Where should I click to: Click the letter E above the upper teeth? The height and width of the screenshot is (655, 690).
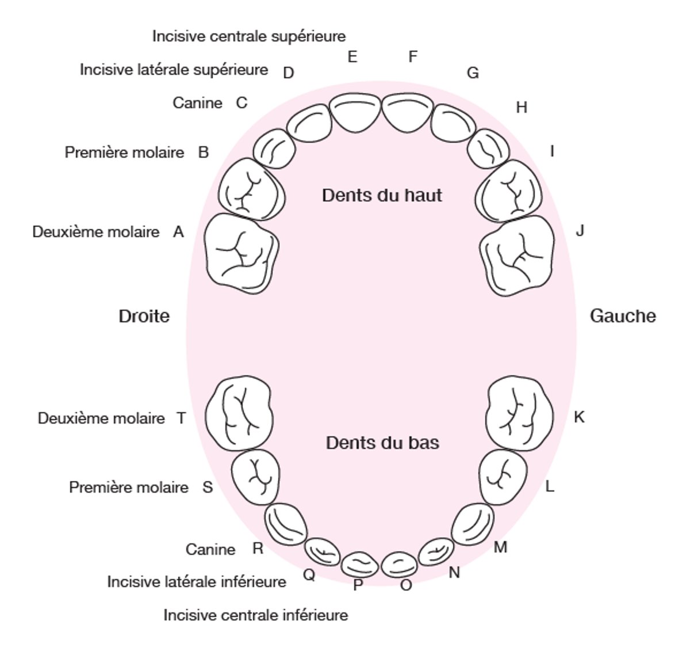(352, 57)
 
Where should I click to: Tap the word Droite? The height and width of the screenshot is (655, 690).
(144, 316)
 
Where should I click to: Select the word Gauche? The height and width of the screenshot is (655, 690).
(623, 316)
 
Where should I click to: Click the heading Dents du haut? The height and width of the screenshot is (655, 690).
(382, 195)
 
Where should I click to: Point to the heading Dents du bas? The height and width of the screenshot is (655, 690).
(382, 443)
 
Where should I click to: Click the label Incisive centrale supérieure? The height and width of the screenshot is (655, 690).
(249, 36)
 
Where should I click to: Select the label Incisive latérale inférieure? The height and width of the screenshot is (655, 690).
(197, 582)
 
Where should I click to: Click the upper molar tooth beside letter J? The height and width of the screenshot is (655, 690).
(517, 254)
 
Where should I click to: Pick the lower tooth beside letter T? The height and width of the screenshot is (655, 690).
(239, 412)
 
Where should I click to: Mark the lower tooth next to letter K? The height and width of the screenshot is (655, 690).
(519, 413)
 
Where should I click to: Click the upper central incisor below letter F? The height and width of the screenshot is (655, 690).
(408, 113)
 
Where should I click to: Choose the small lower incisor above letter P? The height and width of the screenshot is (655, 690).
(359, 563)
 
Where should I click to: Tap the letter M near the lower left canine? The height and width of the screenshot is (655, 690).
(500, 547)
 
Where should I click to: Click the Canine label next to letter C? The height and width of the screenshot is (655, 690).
(197, 103)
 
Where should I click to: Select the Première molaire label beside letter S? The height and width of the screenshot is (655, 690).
(129, 488)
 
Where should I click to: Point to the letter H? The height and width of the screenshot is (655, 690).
(522, 108)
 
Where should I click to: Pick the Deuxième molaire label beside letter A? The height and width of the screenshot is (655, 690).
(96, 232)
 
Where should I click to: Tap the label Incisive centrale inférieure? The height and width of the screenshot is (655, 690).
(256, 615)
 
